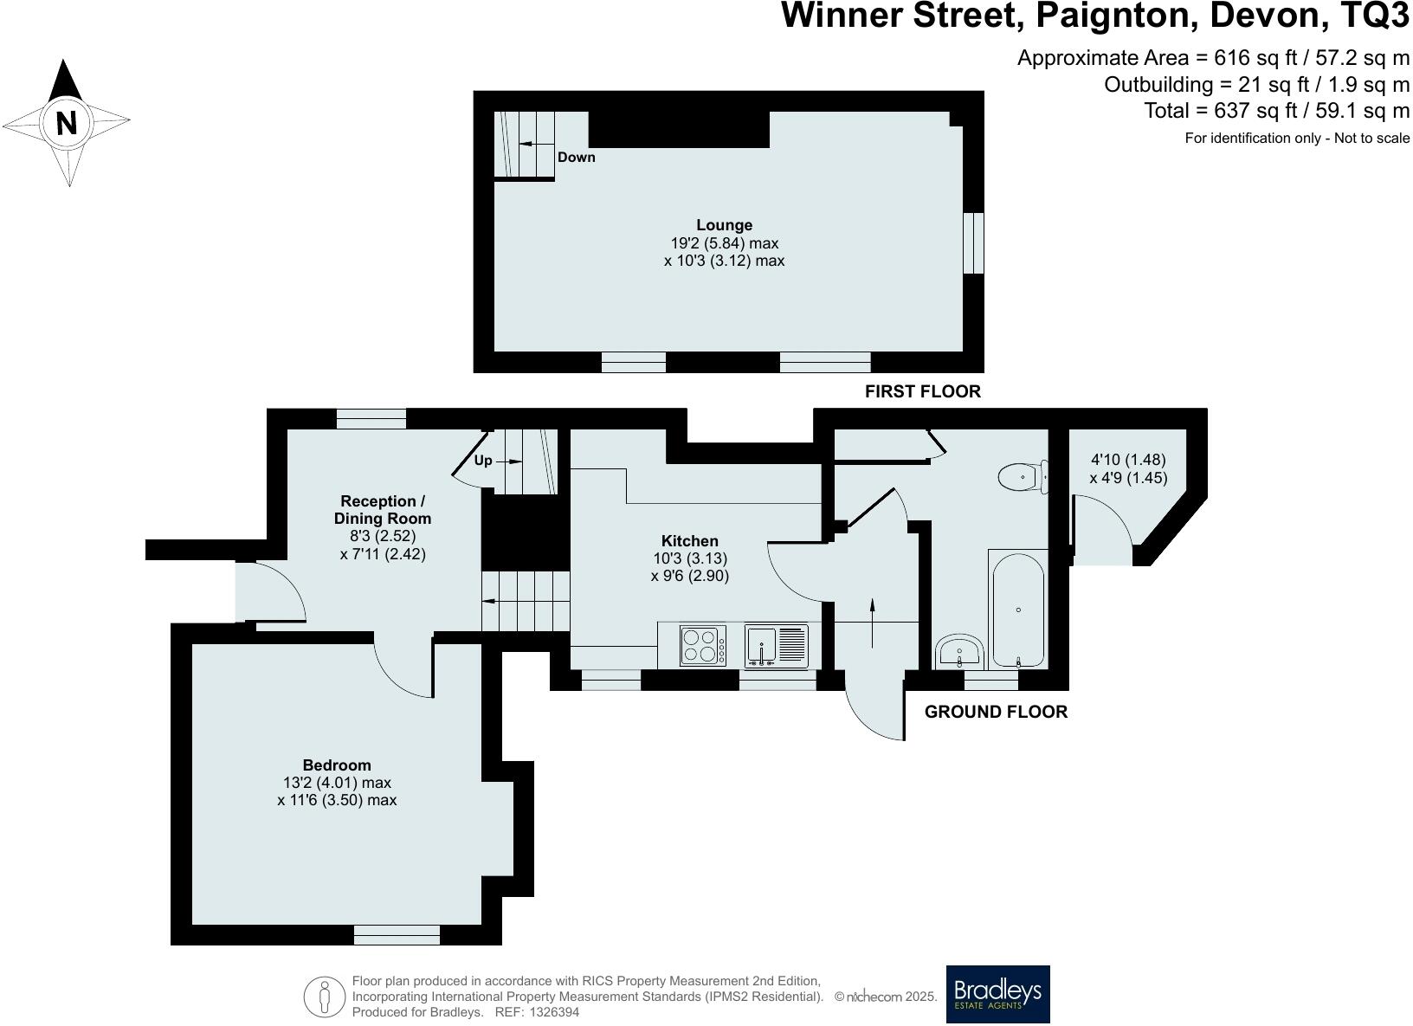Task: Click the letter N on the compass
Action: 67,122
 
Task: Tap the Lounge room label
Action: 725,225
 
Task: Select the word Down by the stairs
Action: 576,158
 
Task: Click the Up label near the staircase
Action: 483,461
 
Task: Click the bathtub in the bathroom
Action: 1018,610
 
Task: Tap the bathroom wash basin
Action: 959,650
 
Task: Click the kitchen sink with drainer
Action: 776,646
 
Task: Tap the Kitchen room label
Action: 690,541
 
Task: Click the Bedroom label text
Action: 337,765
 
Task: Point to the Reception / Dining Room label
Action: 383,510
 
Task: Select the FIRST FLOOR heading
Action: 922,391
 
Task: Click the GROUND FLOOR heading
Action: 996,712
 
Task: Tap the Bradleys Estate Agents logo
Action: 997,994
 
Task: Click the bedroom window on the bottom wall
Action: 397,934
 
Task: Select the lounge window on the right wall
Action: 974,243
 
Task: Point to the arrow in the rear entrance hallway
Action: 872,622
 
